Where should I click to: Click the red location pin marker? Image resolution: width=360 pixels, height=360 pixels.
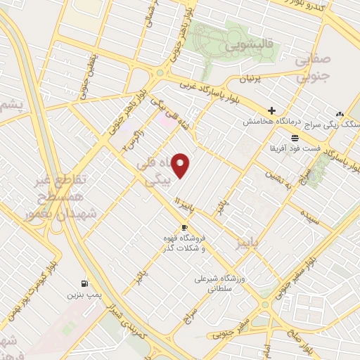[181, 166]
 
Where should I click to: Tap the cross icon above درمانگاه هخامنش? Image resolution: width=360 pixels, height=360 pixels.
[271, 110]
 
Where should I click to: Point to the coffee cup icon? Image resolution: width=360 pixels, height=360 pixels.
[185, 227]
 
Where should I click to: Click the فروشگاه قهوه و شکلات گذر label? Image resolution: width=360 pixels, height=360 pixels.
[204, 244]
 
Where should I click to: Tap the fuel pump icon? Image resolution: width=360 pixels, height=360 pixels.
[85, 283]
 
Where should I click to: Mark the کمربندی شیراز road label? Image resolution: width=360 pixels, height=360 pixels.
[127, 317]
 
